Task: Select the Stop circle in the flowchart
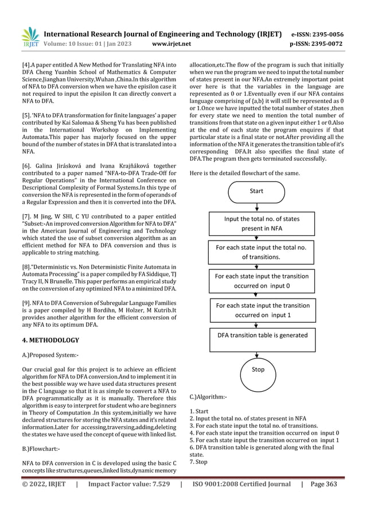click(258, 369)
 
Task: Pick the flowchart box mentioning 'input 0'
click(261, 280)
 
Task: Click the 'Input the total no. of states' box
click(261, 223)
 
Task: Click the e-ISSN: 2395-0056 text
click(327, 33)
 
